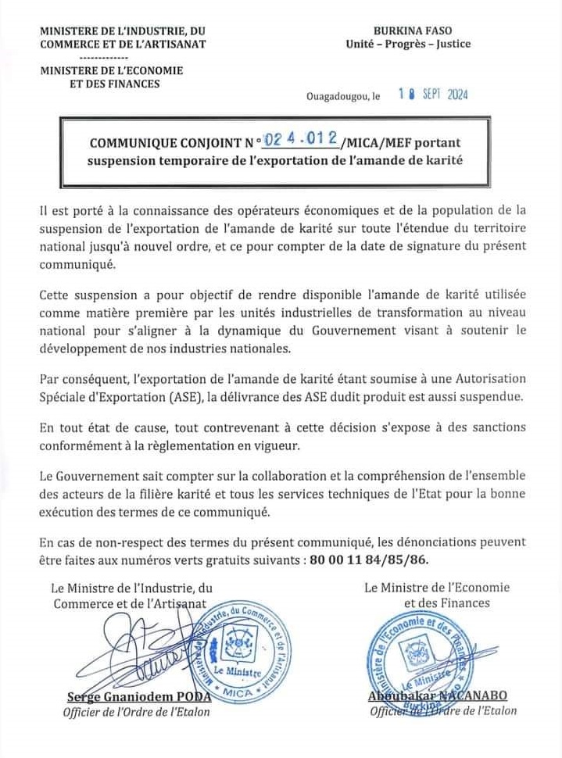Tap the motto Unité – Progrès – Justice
pos(408,44)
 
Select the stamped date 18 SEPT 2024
pos(432,95)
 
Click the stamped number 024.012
pos(302,140)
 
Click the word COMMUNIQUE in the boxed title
pos(134,144)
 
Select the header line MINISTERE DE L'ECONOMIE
pos(112,70)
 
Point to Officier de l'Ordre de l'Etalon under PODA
pos(136,712)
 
